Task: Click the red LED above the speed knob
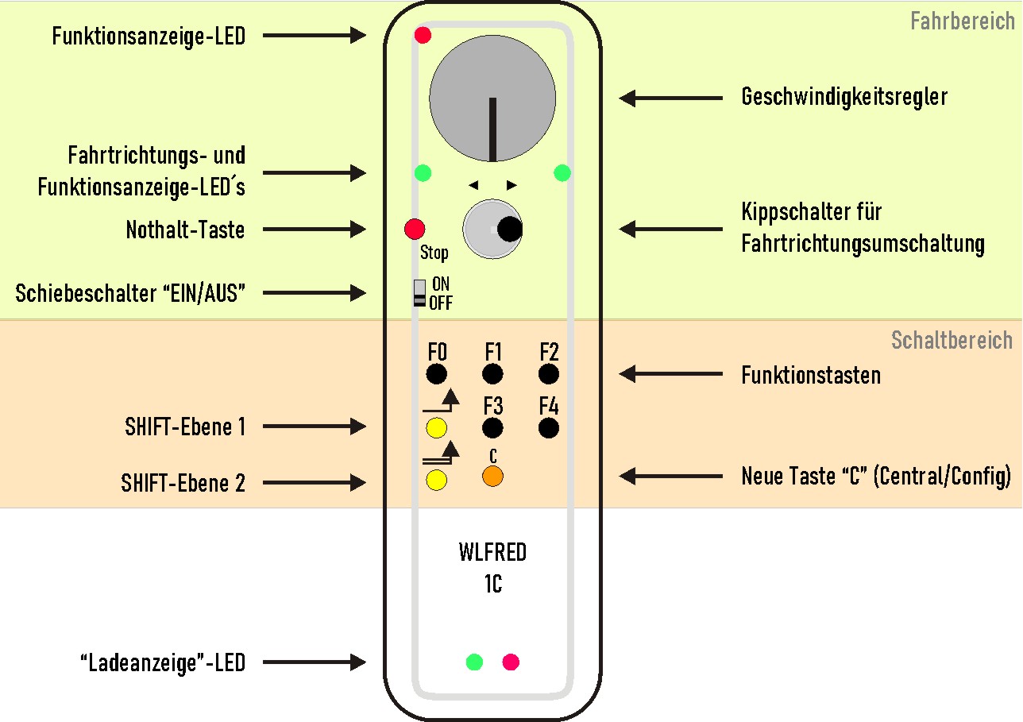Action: [423, 35]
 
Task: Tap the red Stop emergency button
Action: [415, 230]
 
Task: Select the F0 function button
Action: [436, 374]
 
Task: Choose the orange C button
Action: [492, 477]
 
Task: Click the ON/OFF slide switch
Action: [420, 293]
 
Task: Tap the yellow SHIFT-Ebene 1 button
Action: [436, 429]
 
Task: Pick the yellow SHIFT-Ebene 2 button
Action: [436, 479]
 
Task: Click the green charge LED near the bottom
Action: [474, 662]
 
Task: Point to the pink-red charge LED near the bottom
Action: [511, 662]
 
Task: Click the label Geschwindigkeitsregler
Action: [844, 97]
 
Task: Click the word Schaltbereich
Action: [952, 341]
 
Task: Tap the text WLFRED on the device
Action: [492, 551]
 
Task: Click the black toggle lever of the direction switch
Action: [509, 230]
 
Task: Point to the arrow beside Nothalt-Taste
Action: [314, 230]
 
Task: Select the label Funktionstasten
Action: [811, 375]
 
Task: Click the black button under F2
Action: [548, 374]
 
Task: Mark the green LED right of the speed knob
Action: [562, 172]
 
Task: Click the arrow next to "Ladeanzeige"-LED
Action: [314, 662]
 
